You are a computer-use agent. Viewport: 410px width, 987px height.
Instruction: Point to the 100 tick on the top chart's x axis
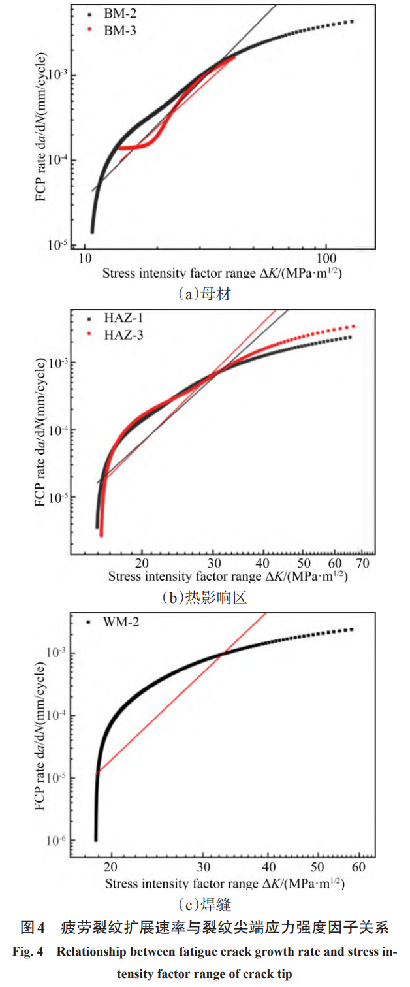click(326, 259)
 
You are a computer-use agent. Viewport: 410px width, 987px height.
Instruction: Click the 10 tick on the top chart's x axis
click(86, 259)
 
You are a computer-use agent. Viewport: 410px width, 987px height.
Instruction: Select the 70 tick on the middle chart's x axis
click(363, 563)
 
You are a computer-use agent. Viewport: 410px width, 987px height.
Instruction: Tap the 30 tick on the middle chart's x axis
click(213, 563)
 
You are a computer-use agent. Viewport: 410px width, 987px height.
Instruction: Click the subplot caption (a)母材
click(204, 293)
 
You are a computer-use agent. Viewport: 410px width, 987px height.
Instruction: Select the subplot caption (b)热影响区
click(204, 598)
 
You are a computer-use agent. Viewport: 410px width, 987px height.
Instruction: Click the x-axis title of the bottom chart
click(225, 884)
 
